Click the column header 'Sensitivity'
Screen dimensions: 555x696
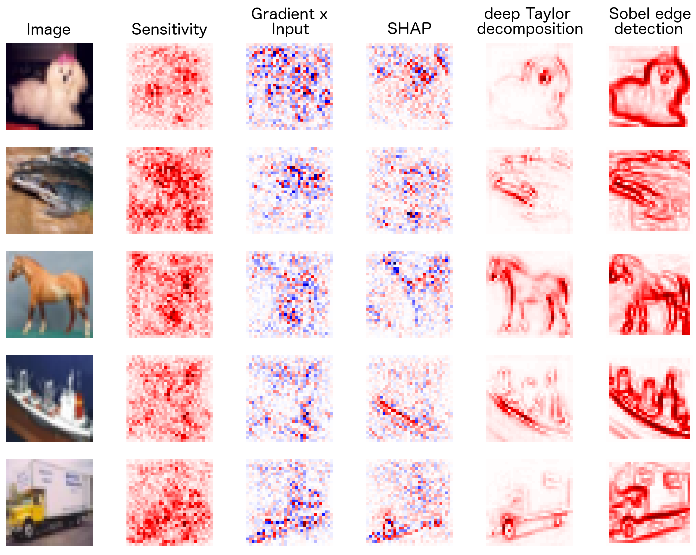coord(169,29)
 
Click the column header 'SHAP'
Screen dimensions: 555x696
coord(409,29)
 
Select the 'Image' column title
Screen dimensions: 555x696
coord(48,29)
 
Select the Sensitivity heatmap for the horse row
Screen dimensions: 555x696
coord(169,294)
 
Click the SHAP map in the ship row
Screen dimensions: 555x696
coord(409,398)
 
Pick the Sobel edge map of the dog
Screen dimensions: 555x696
coord(649,86)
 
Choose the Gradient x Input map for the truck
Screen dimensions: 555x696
coord(289,502)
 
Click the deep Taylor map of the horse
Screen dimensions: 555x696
coord(530,294)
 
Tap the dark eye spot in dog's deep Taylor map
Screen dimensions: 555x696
coord(545,78)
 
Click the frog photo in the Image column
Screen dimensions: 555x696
coord(49,191)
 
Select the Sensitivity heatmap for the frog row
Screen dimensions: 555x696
coord(169,191)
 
